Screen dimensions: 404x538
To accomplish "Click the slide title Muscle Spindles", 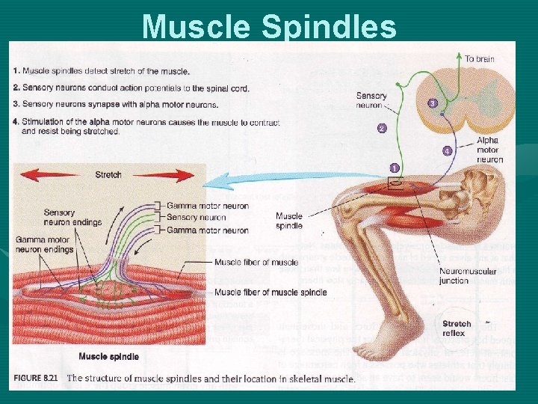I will pyautogui.click(x=269, y=26).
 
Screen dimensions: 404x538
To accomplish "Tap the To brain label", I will pyautogui.click(x=479, y=58).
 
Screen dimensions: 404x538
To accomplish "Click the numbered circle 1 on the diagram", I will pyautogui.click(x=395, y=168).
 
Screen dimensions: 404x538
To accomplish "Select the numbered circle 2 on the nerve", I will pyautogui.click(x=382, y=129).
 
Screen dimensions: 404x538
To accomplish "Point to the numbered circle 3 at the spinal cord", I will pyautogui.click(x=431, y=103).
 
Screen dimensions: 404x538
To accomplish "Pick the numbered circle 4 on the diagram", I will pyautogui.click(x=447, y=151).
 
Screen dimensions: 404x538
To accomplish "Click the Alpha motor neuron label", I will pyautogui.click(x=488, y=150).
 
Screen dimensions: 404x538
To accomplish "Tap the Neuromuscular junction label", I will pyautogui.click(x=465, y=277).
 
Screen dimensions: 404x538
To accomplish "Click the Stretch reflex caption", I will pyautogui.click(x=457, y=328).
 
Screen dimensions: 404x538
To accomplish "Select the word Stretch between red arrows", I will pyautogui.click(x=108, y=175).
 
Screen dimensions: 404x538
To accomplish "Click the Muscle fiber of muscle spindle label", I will pyautogui.click(x=270, y=292).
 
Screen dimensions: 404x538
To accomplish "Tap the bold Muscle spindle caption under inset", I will pyautogui.click(x=108, y=357).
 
